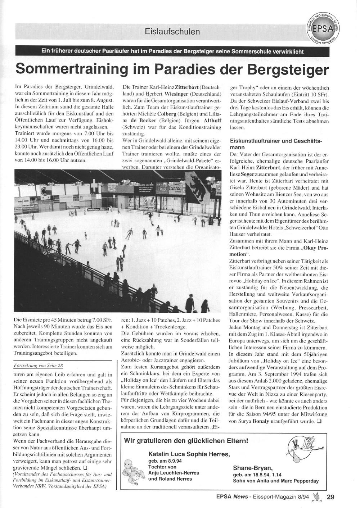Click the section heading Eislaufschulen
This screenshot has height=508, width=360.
[x=172, y=31]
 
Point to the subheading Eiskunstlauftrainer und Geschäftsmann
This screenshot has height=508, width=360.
[x=276, y=144]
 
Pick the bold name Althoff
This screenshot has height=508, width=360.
[x=210, y=121]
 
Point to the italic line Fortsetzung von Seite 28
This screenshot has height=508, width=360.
[x=38, y=365]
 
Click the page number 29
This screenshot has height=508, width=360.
[x=330, y=498]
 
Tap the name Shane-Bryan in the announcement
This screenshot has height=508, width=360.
[x=253, y=468]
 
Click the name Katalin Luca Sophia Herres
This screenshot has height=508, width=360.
[x=189, y=454]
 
